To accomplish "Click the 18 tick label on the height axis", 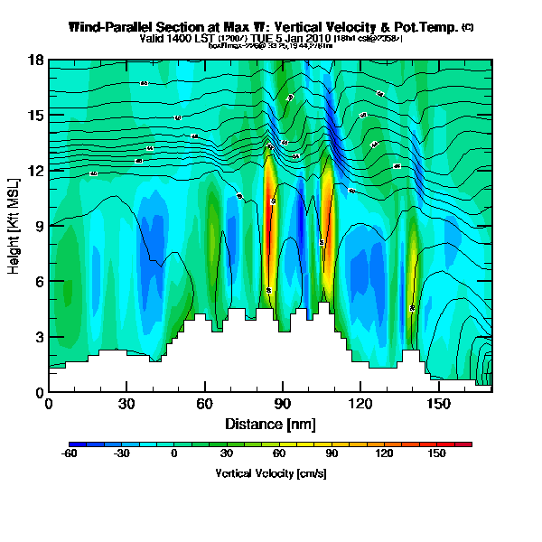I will [35, 61].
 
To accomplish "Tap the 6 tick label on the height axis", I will [39, 282].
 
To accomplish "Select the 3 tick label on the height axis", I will [39, 337].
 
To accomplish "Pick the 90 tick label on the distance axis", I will [282, 405].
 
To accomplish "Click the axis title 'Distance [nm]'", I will [270, 423].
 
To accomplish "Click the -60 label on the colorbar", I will [69, 455].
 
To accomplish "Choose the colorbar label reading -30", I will [122, 455].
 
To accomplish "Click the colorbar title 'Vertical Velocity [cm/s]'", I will [270, 472].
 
